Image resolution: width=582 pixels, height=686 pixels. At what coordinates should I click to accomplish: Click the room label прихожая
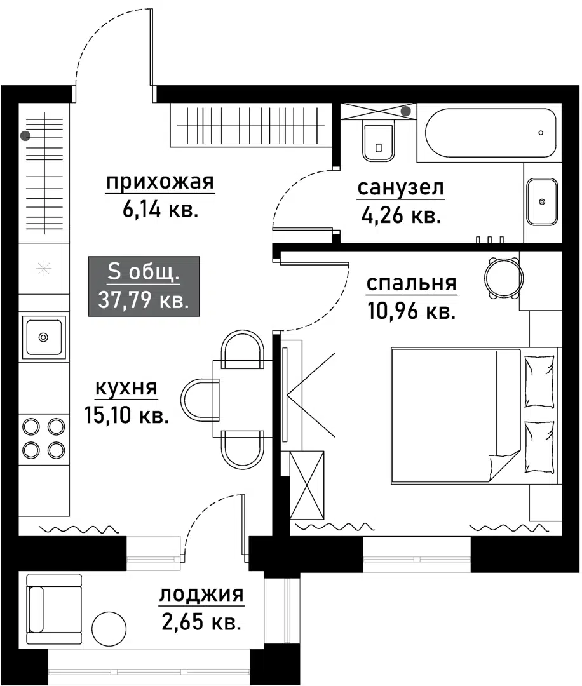pyautogui.click(x=159, y=182)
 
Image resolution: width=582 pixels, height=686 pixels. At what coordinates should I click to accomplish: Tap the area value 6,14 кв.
pyautogui.click(x=160, y=210)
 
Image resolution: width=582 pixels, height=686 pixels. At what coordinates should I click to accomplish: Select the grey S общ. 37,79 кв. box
pyautogui.click(x=144, y=286)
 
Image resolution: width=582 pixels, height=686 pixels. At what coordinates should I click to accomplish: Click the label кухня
pyautogui.click(x=126, y=388)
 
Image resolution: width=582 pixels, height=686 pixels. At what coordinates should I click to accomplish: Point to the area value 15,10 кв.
pyautogui.click(x=126, y=415)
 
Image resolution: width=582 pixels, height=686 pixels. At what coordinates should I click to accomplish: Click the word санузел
pyautogui.click(x=401, y=188)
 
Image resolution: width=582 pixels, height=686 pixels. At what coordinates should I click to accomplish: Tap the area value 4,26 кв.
pyautogui.click(x=400, y=215)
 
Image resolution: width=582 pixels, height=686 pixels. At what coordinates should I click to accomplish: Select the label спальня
pyautogui.click(x=411, y=283)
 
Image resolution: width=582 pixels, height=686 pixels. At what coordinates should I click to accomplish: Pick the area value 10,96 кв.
pyautogui.click(x=411, y=311)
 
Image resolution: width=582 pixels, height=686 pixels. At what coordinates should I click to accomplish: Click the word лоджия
pyautogui.click(x=201, y=595)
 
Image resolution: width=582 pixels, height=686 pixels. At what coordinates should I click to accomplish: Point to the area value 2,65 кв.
pyautogui.click(x=201, y=622)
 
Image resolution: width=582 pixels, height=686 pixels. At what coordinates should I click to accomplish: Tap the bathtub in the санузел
pyautogui.click(x=491, y=133)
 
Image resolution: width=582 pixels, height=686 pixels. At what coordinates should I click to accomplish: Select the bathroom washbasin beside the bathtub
pyautogui.click(x=542, y=202)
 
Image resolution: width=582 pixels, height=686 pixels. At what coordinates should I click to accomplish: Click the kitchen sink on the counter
pyautogui.click(x=44, y=337)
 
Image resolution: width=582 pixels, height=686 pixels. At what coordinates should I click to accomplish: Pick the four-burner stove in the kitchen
pyautogui.click(x=44, y=438)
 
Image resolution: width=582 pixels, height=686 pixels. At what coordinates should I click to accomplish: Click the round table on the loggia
pyautogui.click(x=109, y=628)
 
